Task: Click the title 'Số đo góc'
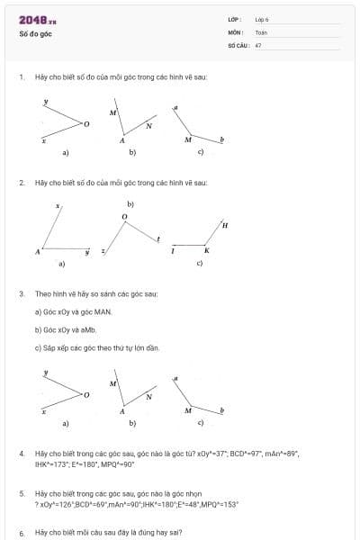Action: click(34, 33)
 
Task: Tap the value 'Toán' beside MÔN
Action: click(260, 31)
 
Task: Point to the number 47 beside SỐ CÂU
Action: click(258, 44)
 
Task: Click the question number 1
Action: click(21, 77)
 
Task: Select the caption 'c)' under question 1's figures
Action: click(201, 152)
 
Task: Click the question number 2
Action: click(21, 183)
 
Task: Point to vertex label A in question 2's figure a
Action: click(38, 252)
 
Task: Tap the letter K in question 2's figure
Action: click(206, 250)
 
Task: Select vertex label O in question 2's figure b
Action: click(125, 218)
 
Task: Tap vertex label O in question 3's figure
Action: click(86, 394)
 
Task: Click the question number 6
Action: click(21, 533)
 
